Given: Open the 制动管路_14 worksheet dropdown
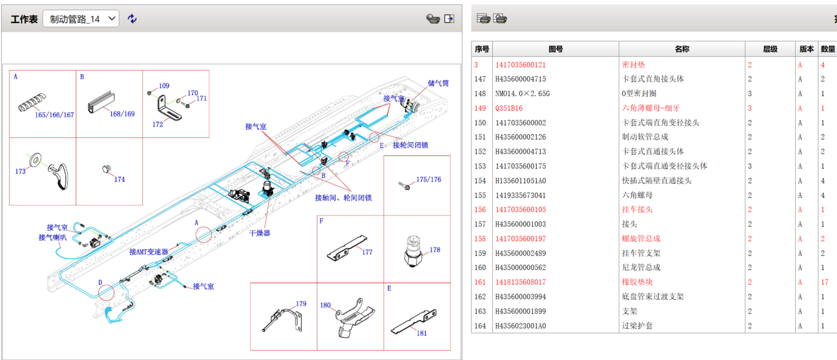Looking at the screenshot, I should click(x=81, y=19).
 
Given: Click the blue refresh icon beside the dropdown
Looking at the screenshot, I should click(x=132, y=19).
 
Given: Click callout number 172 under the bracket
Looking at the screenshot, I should click(x=158, y=124).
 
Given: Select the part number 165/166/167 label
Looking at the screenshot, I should click(x=55, y=115).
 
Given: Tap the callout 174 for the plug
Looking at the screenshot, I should click(x=119, y=179).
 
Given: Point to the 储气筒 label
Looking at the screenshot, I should click(x=438, y=83).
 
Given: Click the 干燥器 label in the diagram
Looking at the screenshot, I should click(x=259, y=233).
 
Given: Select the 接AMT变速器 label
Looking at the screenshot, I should click(x=148, y=252).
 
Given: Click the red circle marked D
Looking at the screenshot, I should click(x=106, y=291).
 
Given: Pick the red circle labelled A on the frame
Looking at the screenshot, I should click(x=204, y=234).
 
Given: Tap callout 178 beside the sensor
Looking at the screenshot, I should click(x=435, y=249).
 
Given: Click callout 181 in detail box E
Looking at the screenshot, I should click(x=422, y=333).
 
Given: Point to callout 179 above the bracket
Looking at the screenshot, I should click(x=301, y=304).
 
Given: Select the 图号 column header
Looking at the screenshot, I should click(x=556, y=49).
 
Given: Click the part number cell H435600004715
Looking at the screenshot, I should click(x=521, y=79).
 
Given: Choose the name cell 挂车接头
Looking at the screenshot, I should click(x=637, y=209).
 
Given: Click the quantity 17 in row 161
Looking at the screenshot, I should click(x=825, y=282).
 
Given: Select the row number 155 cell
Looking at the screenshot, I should click(x=480, y=195).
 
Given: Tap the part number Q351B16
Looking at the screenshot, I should click(x=509, y=108).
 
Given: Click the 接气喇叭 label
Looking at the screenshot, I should click(x=52, y=237).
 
